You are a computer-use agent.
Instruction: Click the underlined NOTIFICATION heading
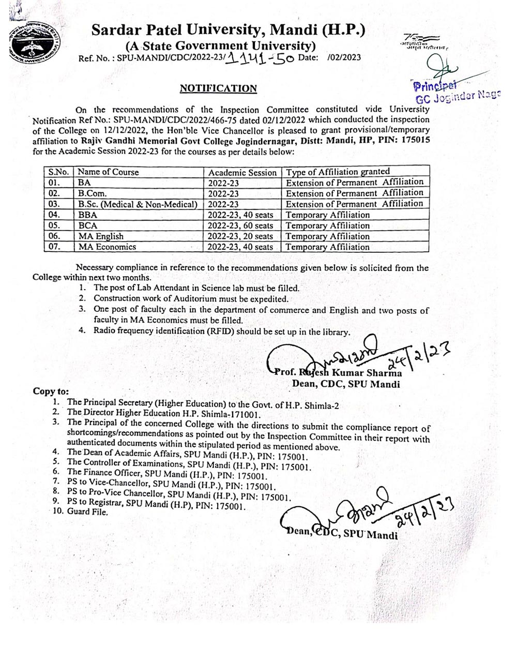click(218, 88)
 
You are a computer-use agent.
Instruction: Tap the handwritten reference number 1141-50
click(261, 58)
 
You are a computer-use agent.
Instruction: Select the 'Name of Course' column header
click(109, 172)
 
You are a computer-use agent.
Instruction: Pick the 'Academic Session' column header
click(242, 172)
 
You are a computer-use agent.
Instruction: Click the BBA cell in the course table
click(88, 215)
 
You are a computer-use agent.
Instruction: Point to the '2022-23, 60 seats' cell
click(240, 225)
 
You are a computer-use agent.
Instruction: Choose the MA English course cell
click(101, 236)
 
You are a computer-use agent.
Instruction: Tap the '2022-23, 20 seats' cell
click(240, 236)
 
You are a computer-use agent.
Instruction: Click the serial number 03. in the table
click(54, 204)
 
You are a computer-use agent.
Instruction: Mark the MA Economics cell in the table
click(107, 247)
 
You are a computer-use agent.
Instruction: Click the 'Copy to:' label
click(51, 391)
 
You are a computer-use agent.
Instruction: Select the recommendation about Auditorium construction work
click(190, 299)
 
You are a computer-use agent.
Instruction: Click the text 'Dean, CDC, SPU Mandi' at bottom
click(341, 534)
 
